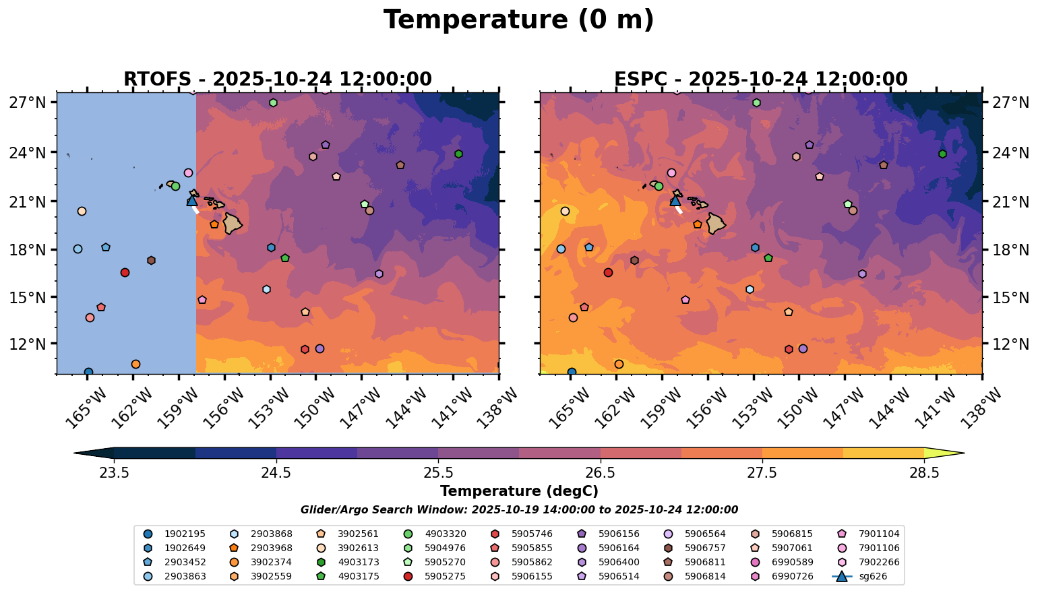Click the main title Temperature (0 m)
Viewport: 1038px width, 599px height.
[518, 20]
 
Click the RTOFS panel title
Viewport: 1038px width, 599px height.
[278, 80]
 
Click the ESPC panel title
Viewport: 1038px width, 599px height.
[761, 80]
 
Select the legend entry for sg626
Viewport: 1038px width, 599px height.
[859, 576]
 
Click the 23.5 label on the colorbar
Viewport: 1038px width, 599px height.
[114, 472]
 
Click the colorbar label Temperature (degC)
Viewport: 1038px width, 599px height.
[519, 491]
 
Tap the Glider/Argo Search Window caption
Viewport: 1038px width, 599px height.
[519, 510]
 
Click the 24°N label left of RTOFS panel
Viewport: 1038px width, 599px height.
[28, 152]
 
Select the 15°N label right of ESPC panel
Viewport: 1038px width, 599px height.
[1010, 297]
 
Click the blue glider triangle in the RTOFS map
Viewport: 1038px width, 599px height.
[192, 201]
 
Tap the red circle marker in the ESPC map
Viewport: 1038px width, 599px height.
[609, 272]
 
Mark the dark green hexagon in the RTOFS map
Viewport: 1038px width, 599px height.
[459, 154]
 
